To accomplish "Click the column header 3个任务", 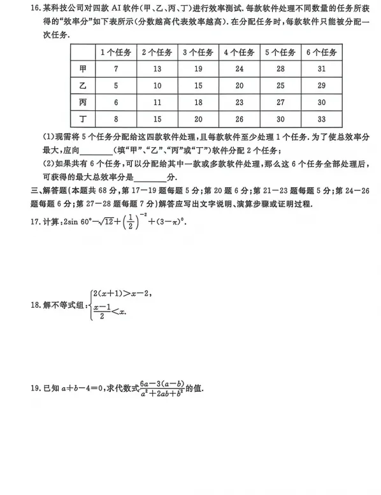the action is point(198,52).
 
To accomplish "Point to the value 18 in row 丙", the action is point(198,103).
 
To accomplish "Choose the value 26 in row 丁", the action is point(239,119).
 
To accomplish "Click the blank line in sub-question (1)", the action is point(94,151).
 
